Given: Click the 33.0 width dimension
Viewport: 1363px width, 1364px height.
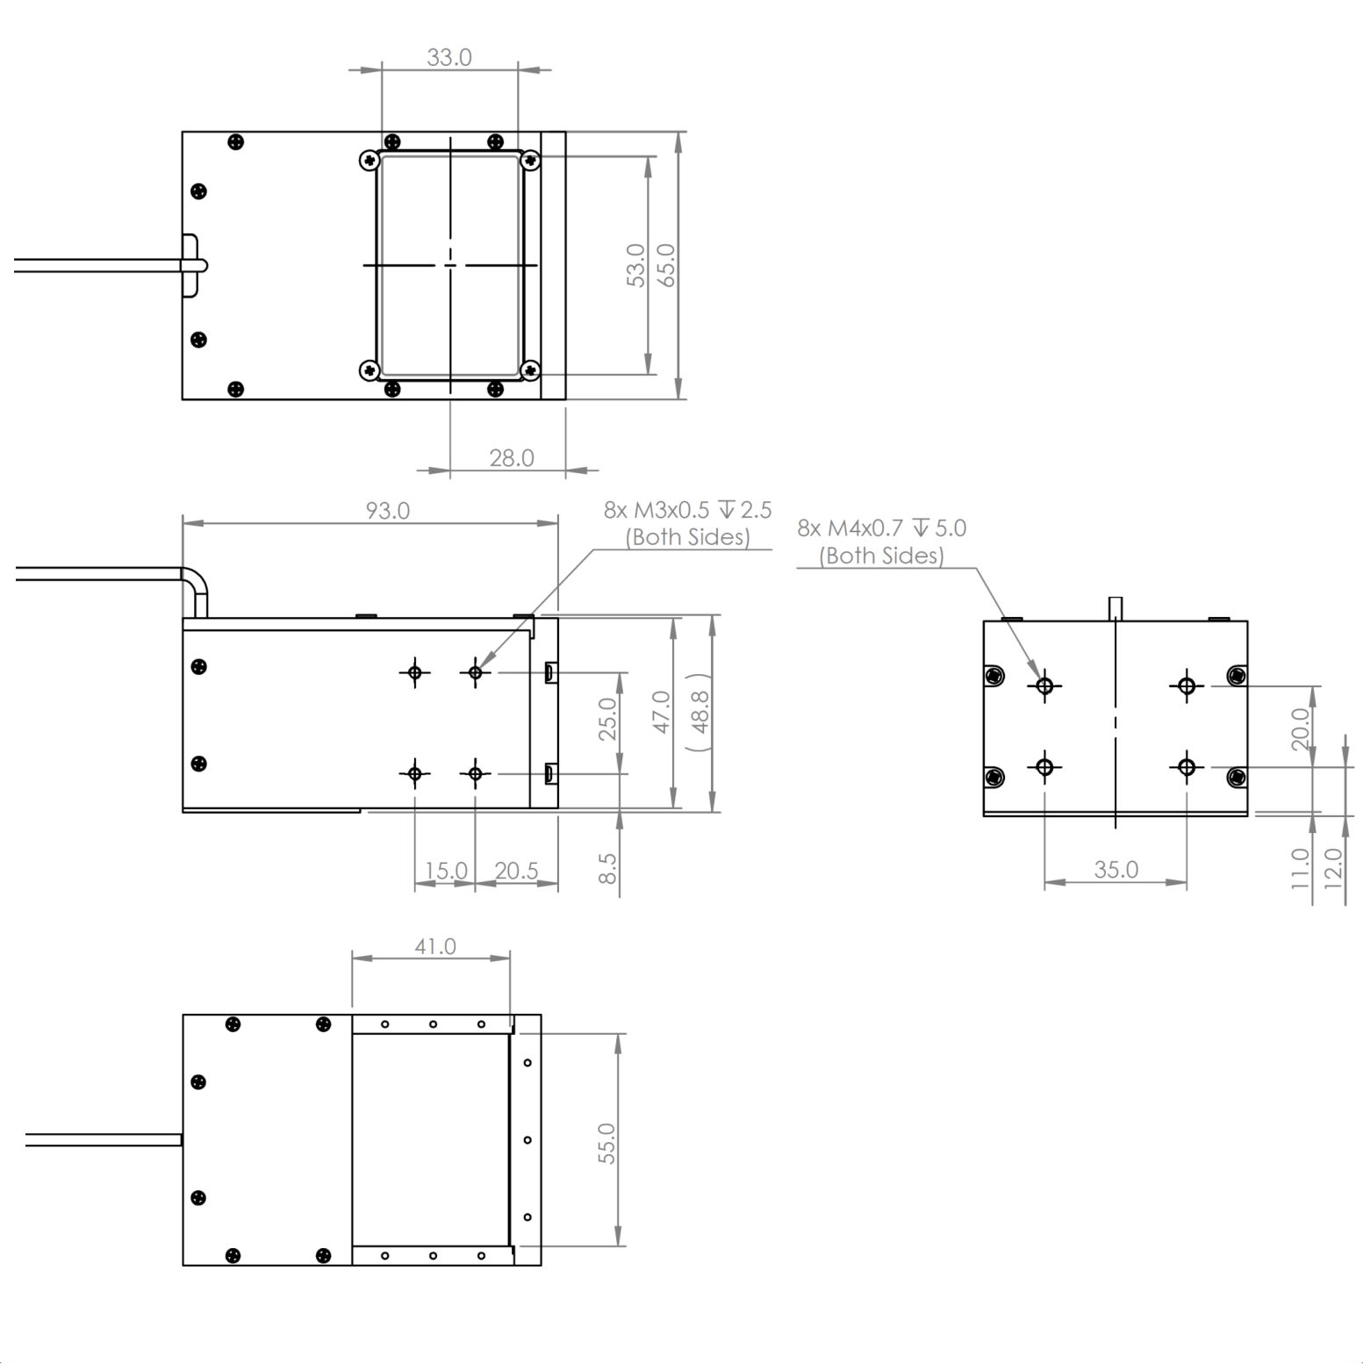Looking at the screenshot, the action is pos(449,57).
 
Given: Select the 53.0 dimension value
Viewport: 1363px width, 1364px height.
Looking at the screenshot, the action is pos(636,265).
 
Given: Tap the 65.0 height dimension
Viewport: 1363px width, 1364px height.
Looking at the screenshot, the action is pos(666,265).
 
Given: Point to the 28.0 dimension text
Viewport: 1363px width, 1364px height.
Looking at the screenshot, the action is pos(512,458).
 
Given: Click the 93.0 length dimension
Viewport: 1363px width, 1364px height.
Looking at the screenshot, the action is pos(388,511).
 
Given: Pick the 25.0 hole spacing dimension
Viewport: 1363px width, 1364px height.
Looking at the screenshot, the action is pos(607,719).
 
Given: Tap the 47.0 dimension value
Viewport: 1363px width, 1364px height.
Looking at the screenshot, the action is pos(662,712).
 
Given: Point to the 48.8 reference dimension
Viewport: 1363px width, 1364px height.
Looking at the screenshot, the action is pos(700,712).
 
